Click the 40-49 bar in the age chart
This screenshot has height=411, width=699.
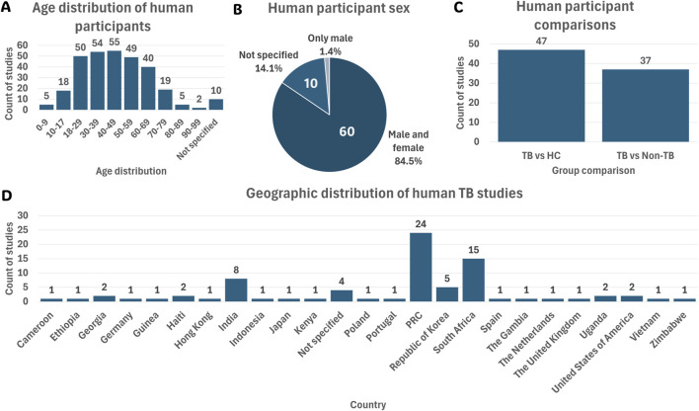pos(115,80)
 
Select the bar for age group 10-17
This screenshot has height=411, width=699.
pos(63,100)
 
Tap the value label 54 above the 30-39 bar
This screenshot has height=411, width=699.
pos(97,43)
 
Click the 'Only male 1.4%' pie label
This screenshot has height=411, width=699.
pos(331,44)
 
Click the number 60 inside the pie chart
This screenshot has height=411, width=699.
pos(347,131)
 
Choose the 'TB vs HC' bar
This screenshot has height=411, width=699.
pos(541,96)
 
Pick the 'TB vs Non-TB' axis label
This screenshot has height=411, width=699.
pos(645,156)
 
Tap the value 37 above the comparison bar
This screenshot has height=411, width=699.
pos(645,60)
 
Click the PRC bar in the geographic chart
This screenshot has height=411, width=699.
pos(421,267)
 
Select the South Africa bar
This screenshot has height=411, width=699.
pos(474,280)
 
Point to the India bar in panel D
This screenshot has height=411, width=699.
pos(236,289)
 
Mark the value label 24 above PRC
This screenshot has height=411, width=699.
pos(421,224)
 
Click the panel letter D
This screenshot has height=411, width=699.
pos(6,197)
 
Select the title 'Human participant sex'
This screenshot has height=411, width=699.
pos(339,9)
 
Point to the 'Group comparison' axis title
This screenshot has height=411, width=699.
pos(593,171)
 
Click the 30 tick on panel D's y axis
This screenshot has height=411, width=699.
pos(23,215)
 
